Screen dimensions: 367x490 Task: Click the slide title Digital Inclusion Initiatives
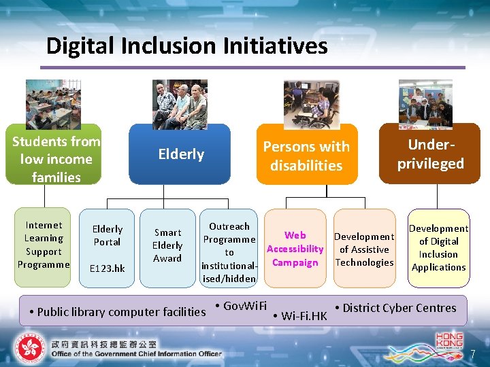click(x=186, y=46)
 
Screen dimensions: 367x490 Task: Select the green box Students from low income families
click(x=55, y=159)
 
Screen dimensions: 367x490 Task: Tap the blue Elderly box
click(x=181, y=154)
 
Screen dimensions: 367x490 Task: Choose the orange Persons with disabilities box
click(x=306, y=156)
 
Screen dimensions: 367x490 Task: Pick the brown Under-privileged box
click(x=430, y=154)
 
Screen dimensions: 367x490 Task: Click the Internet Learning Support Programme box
click(x=44, y=245)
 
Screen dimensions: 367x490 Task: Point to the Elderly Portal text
click(x=107, y=235)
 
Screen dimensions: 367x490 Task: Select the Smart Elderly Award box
click(x=167, y=245)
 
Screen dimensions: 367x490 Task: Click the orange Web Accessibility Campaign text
click(x=295, y=249)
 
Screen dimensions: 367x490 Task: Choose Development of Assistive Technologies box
click(x=364, y=249)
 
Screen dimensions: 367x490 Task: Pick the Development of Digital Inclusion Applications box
click(x=438, y=247)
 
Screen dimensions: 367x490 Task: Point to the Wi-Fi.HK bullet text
click(x=302, y=316)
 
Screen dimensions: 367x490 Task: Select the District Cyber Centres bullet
click(x=399, y=308)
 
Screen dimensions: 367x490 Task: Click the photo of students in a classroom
click(x=53, y=103)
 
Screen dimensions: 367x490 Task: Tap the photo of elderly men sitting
click(x=180, y=107)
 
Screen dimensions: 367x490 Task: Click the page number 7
click(x=472, y=354)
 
